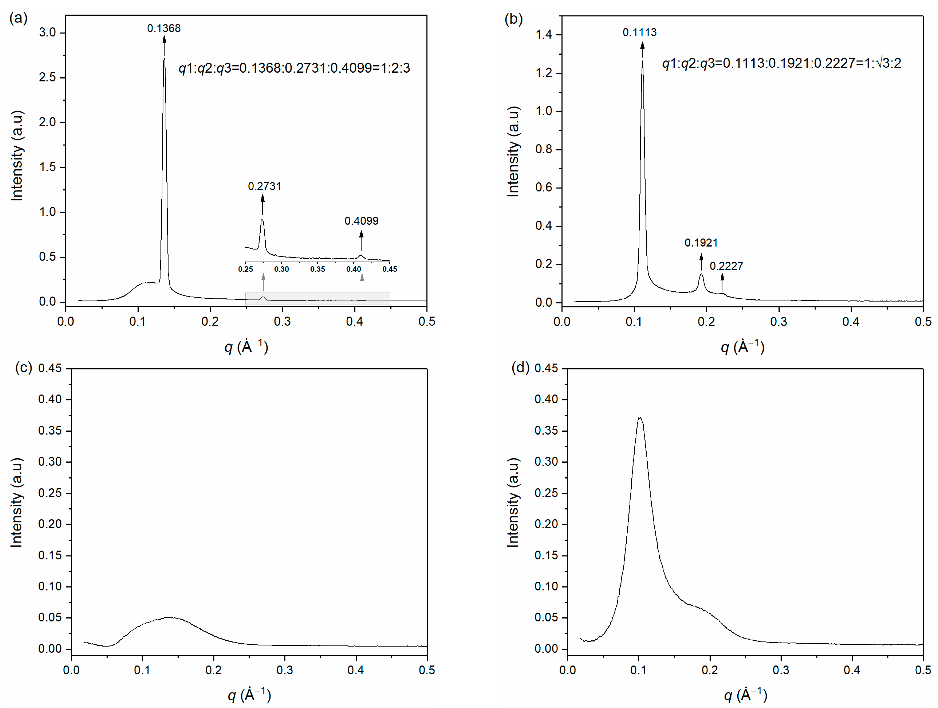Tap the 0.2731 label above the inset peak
coord(264,186)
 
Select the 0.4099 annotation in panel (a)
coord(361,221)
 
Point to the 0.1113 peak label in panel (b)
coord(639,32)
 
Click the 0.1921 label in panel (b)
coord(701,243)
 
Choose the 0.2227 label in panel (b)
coord(726,266)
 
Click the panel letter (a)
coord(18,18)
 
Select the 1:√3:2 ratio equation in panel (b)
coord(782,63)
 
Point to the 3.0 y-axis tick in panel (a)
coord(48,33)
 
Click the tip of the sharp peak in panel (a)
coord(164,59)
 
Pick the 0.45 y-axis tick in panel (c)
coord(50,368)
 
